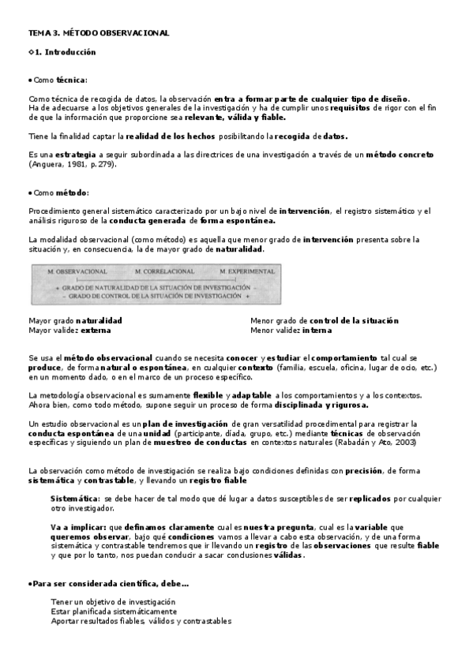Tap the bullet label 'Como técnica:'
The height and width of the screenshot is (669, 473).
click(x=60, y=80)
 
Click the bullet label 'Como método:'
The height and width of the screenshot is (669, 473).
click(x=61, y=192)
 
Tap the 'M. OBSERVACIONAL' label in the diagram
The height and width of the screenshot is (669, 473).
click(x=77, y=271)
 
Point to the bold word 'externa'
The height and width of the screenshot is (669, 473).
click(x=96, y=331)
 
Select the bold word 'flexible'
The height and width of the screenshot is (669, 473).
click(x=208, y=394)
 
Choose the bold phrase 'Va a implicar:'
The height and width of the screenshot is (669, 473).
click(x=77, y=526)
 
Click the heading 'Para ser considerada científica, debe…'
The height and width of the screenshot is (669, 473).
click(x=110, y=583)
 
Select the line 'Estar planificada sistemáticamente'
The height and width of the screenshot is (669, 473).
click(x=113, y=611)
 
